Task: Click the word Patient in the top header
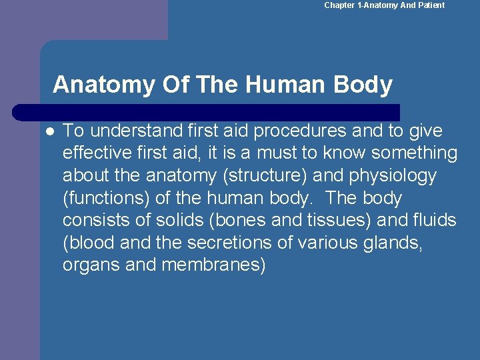(431, 5)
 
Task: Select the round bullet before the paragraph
(49, 130)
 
